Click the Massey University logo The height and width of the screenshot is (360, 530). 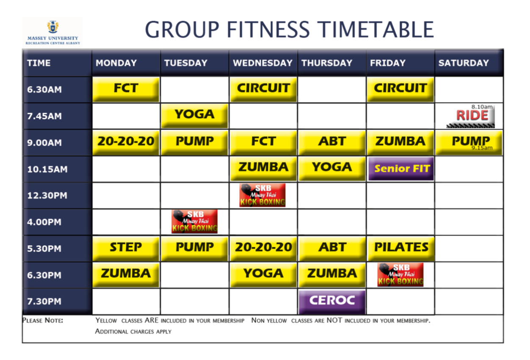tap(52, 31)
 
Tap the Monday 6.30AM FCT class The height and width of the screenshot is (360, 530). tap(126, 89)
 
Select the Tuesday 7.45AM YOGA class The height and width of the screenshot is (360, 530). tap(194, 115)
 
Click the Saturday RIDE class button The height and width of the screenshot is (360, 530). tap(471, 116)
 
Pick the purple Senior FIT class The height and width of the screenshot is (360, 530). tap(401, 169)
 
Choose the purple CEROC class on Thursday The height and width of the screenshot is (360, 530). tap(332, 301)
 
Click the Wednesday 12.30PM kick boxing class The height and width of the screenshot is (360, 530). tap(262, 195)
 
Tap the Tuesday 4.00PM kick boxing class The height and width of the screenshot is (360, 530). tap(194, 221)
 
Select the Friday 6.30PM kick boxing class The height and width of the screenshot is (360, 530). tap(400, 274)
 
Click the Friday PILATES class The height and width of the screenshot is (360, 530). tap(400, 248)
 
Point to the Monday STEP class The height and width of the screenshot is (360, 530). tap(126, 248)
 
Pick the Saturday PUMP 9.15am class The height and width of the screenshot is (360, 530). tap(469, 142)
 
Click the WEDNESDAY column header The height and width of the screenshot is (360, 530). tap(262, 63)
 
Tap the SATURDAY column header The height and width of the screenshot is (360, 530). tap(464, 63)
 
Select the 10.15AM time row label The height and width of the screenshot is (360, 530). tap(47, 169)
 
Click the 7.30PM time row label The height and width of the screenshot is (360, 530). tap(44, 302)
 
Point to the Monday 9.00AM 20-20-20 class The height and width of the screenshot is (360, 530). tap(126, 142)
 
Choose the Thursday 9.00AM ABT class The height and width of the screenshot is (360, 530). tap(332, 142)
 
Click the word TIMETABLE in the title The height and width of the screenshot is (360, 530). tap(376, 30)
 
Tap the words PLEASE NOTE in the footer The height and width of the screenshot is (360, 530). tap(43, 321)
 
